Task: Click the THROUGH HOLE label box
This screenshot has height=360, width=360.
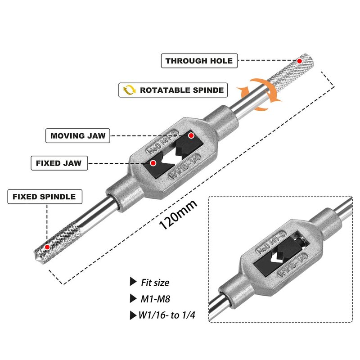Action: tap(198, 61)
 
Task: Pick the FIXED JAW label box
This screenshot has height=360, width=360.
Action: tap(58, 162)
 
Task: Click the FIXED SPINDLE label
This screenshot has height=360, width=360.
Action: tap(44, 197)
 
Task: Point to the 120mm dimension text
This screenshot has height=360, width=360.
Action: tap(178, 216)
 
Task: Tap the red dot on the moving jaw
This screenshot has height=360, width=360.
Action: tap(191, 135)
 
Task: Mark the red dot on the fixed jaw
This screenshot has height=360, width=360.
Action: tap(153, 162)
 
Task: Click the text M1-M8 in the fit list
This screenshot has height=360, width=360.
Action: tap(153, 298)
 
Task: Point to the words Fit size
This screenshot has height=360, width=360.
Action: tap(155, 283)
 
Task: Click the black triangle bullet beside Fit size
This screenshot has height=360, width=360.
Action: tap(132, 282)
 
